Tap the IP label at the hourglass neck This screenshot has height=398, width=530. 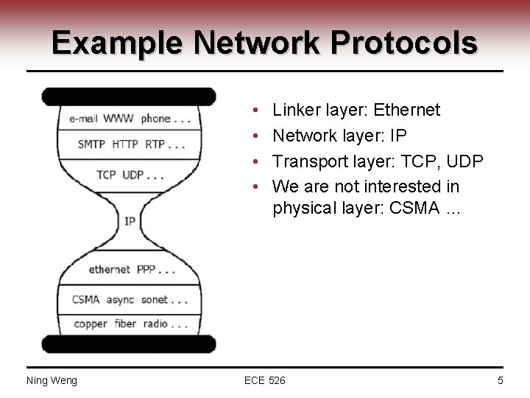click(130, 221)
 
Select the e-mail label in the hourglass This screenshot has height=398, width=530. click(83, 119)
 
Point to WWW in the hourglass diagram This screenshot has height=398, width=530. click(119, 118)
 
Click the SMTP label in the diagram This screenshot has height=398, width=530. click(92, 144)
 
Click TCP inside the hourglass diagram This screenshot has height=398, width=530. click(107, 175)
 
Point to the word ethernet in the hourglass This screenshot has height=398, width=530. click(110, 269)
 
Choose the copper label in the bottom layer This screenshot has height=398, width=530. click(91, 324)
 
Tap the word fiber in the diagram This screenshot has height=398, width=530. click(127, 324)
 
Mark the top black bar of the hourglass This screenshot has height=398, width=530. click(129, 97)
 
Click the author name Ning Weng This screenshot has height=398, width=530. click(52, 380)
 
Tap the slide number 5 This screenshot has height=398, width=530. click(500, 380)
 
